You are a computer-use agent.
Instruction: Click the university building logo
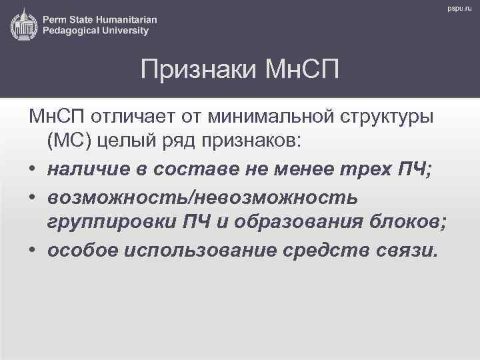(x=23, y=24)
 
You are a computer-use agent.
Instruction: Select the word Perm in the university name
(x=55, y=19)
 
